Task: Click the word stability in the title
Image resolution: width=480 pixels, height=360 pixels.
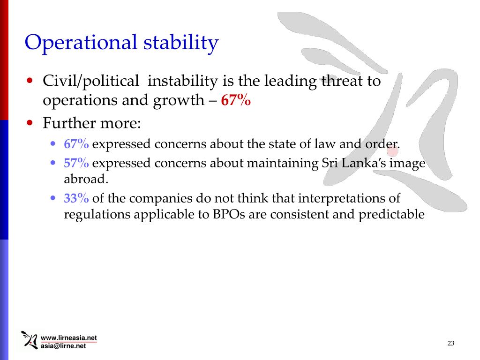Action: click(180, 43)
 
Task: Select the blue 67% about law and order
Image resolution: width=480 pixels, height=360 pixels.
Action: click(76, 144)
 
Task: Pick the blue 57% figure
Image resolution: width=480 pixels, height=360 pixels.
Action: click(76, 164)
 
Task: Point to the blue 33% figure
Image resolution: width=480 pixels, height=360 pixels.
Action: click(76, 199)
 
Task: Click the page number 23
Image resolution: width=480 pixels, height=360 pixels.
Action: click(451, 344)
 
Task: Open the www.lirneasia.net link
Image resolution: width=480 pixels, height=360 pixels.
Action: click(69, 338)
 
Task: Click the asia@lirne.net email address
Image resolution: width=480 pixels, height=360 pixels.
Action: click(64, 346)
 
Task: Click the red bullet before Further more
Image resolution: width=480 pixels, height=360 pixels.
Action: click(30, 124)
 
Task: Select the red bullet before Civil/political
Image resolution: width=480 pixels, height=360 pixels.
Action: click(30, 81)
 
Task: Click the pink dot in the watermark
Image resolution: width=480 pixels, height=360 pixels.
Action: click(392, 150)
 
